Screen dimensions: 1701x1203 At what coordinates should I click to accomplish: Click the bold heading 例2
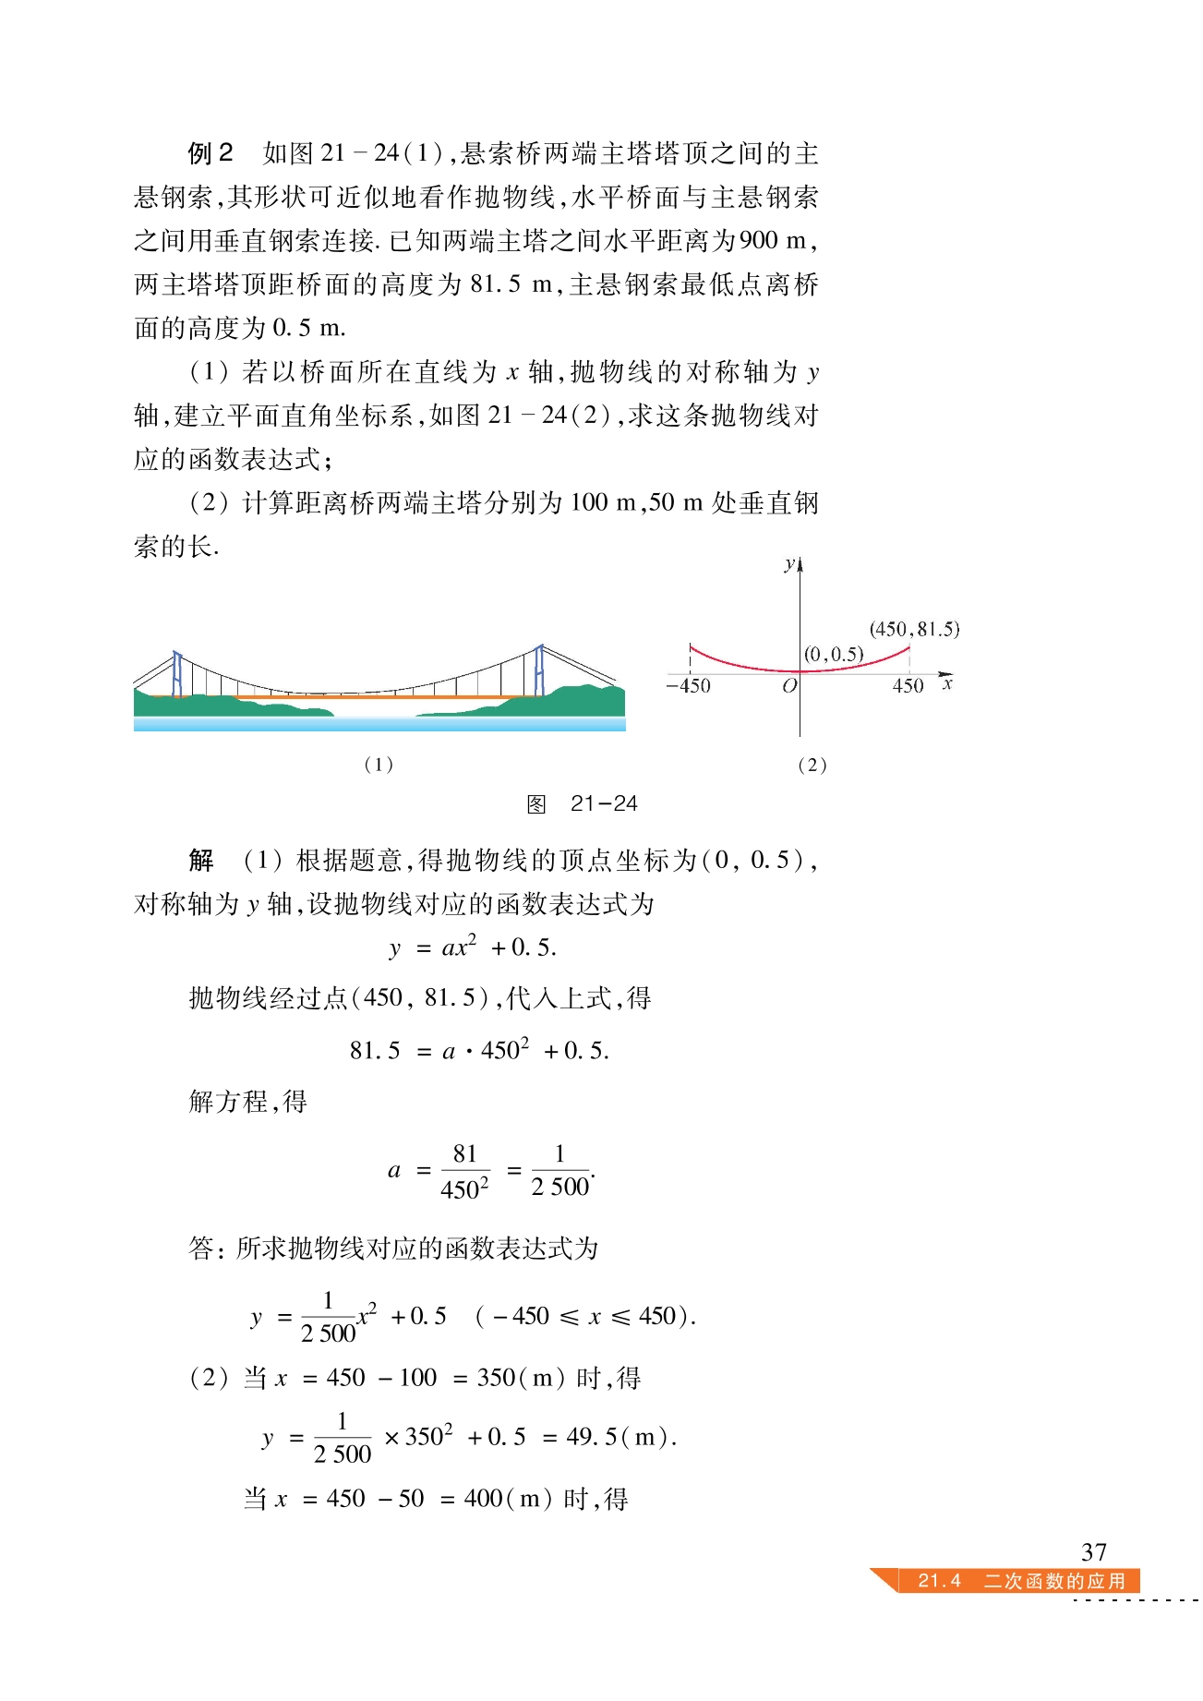click(x=211, y=153)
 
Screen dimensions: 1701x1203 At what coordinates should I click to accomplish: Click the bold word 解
click(x=201, y=861)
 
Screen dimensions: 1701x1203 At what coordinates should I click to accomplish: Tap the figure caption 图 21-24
click(x=582, y=803)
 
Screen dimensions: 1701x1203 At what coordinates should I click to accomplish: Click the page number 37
click(x=1093, y=1551)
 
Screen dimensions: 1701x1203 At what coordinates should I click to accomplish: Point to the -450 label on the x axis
click(x=689, y=686)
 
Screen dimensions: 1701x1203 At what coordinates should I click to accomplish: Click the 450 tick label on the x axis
click(x=908, y=686)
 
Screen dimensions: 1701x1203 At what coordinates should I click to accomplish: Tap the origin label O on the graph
click(x=788, y=686)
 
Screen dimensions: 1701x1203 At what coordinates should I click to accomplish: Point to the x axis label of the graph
click(x=947, y=684)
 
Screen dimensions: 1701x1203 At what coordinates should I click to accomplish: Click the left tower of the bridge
click(x=177, y=673)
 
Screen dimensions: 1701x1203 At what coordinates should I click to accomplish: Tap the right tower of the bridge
click(x=540, y=670)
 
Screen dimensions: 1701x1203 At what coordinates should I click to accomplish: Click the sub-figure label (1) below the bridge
click(x=379, y=765)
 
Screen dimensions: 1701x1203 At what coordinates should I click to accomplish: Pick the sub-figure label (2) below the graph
click(x=812, y=765)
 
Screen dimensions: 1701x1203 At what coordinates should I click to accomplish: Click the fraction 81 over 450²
click(x=464, y=1172)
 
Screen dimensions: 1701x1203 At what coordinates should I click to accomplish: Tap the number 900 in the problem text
click(x=759, y=241)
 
